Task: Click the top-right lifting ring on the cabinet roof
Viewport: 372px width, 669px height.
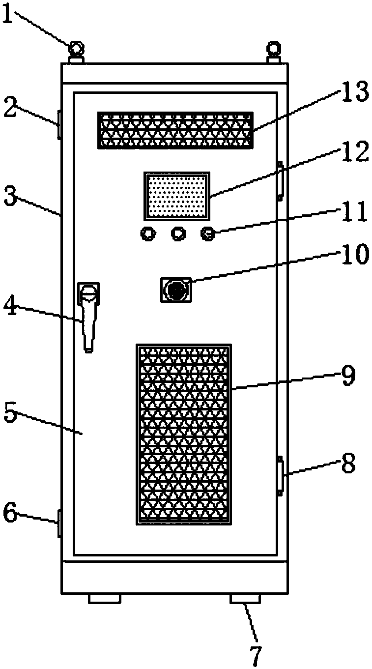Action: (273, 49)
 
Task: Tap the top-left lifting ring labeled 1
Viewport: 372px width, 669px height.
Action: (76, 49)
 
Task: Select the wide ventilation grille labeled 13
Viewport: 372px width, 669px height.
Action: (175, 130)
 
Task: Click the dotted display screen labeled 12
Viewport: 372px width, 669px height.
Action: (176, 196)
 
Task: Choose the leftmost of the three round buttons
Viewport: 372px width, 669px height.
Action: (146, 234)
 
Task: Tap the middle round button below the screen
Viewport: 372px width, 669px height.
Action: (177, 234)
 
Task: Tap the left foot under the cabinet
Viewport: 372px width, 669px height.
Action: (104, 598)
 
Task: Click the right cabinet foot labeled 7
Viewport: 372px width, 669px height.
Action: (245, 598)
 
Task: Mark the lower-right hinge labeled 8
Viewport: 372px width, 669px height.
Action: (281, 475)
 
